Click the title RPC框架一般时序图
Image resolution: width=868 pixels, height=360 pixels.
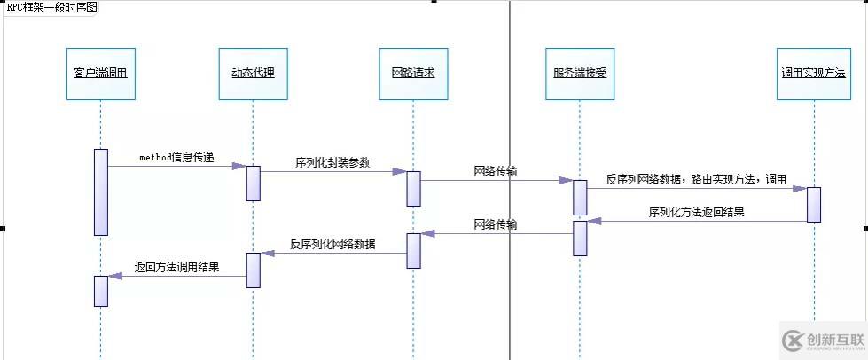click(51, 7)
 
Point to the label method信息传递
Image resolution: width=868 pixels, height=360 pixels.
click(176, 157)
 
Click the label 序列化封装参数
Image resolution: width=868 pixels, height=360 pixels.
click(332, 162)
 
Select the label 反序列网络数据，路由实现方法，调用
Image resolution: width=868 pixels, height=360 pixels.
click(697, 179)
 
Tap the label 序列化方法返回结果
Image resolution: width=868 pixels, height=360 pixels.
click(697, 213)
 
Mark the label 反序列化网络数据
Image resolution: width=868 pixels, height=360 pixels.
click(332, 243)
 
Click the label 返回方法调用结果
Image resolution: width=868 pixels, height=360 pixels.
click(176, 266)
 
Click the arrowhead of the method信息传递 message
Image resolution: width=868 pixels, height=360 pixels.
click(239, 166)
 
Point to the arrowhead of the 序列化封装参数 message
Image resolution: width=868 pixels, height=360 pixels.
click(400, 172)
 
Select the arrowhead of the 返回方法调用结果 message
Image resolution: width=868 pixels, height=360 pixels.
click(114, 276)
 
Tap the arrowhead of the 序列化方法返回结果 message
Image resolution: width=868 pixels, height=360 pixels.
click(593, 222)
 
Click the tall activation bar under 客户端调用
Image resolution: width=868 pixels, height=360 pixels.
click(101, 192)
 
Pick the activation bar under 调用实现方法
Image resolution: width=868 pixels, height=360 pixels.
click(813, 204)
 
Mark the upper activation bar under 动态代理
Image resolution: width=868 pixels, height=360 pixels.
click(253, 184)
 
